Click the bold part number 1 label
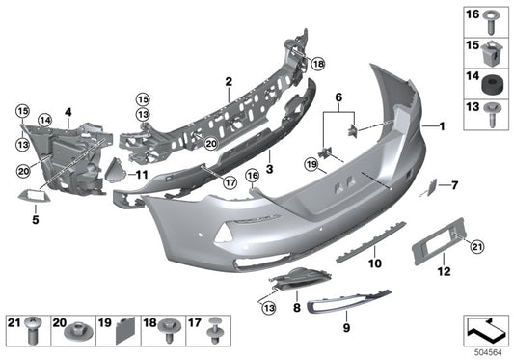442,127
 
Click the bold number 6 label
338,97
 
